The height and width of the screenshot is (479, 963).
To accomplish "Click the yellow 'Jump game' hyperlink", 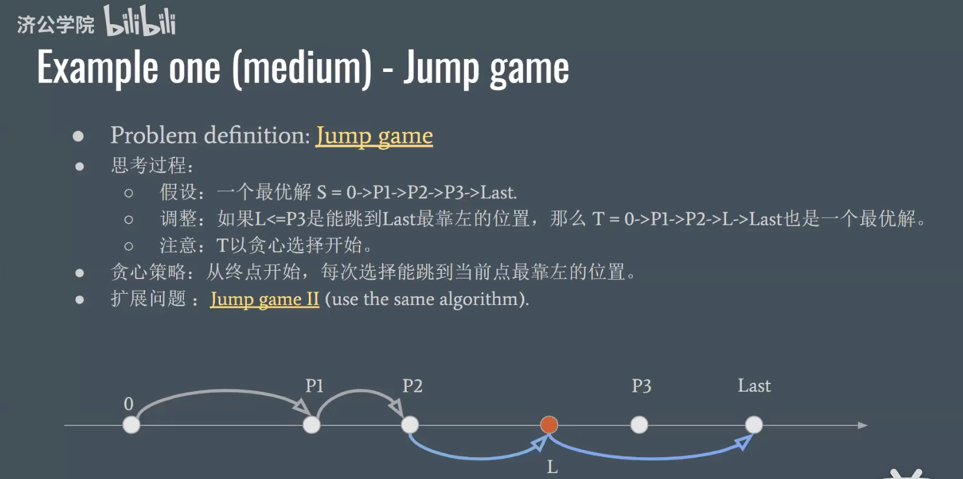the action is point(374,136).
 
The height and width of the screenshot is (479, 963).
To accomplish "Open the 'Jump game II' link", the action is point(265,299).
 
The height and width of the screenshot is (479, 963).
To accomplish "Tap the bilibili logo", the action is point(140,21).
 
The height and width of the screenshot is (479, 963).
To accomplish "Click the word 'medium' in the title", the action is point(302,68).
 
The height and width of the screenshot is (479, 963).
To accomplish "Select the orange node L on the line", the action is point(549,425).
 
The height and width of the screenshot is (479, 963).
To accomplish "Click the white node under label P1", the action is point(311,425).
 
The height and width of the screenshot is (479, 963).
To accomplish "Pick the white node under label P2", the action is point(410,425).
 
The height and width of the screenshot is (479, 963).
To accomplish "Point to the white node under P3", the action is point(639,425).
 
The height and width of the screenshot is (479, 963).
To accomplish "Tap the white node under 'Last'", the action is point(753,425).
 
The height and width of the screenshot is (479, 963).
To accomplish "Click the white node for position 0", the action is point(131,425).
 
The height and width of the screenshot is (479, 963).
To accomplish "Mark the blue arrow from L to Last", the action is point(648,457).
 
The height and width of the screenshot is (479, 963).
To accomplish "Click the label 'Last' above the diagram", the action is point(754,386).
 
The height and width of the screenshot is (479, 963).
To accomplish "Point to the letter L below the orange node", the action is point(552,467).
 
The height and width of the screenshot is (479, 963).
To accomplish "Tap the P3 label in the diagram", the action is point(641,386).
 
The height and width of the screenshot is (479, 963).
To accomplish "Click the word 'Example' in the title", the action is point(98,68).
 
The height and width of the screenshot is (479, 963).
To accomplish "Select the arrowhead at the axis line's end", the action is point(862,425).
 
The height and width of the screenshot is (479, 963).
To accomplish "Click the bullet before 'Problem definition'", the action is point(78,136).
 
